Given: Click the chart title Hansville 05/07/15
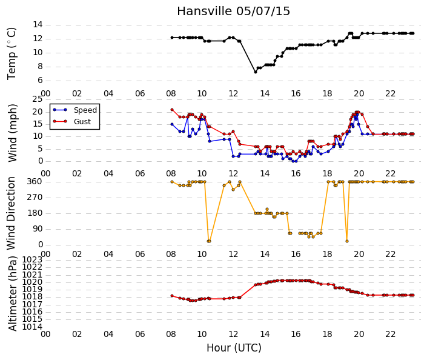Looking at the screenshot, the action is point(233,11).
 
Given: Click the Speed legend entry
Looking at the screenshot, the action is point(75,110).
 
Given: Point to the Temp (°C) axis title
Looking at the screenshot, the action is point(12,53).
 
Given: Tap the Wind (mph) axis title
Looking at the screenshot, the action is point(12,133).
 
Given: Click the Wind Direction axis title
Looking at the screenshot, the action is point(11,213).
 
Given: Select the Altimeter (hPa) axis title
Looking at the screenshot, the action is point(12,293).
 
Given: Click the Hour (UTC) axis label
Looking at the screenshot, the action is point(234,348).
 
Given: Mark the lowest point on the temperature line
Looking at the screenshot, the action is point(256,72).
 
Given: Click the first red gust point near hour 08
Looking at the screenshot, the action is point(172,110).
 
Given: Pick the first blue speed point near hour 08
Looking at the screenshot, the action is point(172,124).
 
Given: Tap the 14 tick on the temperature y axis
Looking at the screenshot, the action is point(38,24).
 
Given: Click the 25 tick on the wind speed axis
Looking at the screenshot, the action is point(38,99).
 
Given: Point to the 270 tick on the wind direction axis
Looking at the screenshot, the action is point(35,198).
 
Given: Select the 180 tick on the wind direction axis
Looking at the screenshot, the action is point(35,213).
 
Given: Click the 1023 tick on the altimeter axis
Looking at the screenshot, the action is point(32,259).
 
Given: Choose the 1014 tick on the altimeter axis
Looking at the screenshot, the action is point(32,327).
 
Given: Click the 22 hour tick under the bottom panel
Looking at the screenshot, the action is point(390,334).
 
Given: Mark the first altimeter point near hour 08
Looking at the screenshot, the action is point(172,296).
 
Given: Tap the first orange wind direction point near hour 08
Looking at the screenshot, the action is point(172,182).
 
